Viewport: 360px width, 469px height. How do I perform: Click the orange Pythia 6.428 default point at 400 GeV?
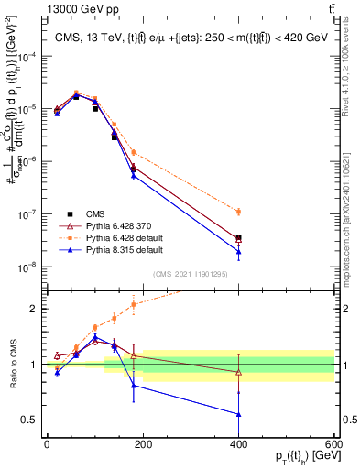(238, 212)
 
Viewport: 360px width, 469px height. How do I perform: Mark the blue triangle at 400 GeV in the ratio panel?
(238, 414)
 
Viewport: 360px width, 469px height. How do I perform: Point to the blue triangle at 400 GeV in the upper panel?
(238, 252)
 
